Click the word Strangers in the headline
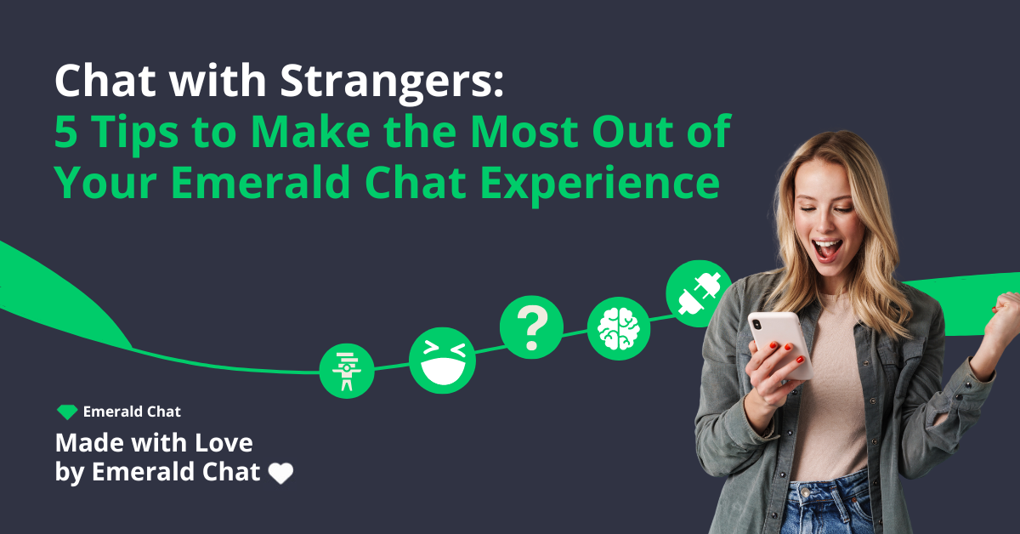tap(399, 83)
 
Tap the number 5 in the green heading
tap(67, 133)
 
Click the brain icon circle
tap(619, 327)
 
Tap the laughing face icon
tap(442, 360)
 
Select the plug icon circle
tap(699, 293)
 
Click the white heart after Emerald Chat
tap(280, 474)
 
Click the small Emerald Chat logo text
tap(132, 412)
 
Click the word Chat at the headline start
tap(99, 83)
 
